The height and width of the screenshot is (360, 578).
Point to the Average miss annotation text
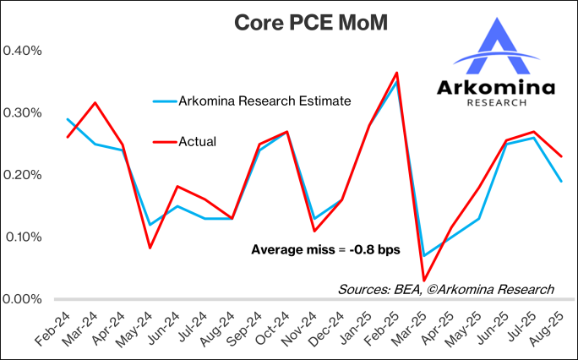[325, 250]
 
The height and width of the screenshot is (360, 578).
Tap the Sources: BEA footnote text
[445, 289]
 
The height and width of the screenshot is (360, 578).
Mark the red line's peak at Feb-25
[396, 73]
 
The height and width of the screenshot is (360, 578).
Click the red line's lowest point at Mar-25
[424, 281]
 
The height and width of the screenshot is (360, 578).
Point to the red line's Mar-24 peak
[95, 102]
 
